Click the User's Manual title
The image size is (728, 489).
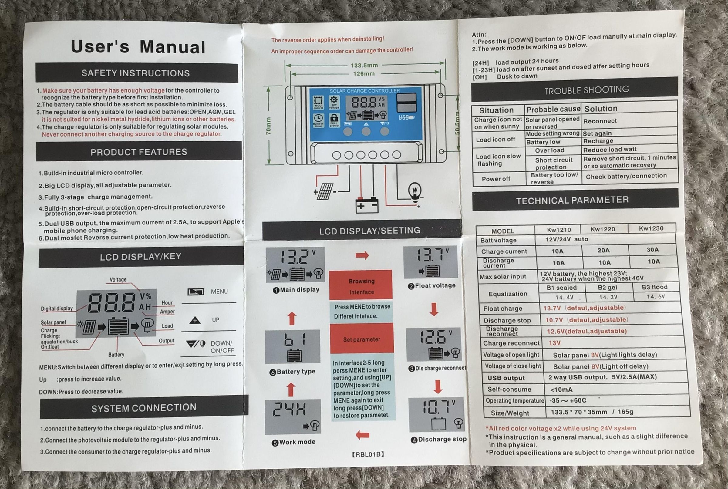[138, 47]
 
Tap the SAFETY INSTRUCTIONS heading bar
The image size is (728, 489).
[136, 73]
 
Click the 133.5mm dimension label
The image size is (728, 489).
[364, 66]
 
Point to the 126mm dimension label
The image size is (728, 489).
[363, 74]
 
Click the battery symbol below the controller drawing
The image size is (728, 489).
[367, 205]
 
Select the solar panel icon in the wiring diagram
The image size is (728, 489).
[325, 191]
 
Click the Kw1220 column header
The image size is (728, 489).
[603, 229]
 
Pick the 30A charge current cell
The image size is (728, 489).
[652, 250]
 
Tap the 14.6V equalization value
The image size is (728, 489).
[656, 297]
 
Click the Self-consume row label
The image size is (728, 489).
[509, 389]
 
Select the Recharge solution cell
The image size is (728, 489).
[598, 141]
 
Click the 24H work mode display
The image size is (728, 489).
[292, 416]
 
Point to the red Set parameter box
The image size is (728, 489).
[362, 339]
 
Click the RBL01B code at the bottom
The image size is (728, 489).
[368, 454]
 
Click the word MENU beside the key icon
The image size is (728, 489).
[219, 292]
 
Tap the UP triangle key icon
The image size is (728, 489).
[195, 320]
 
